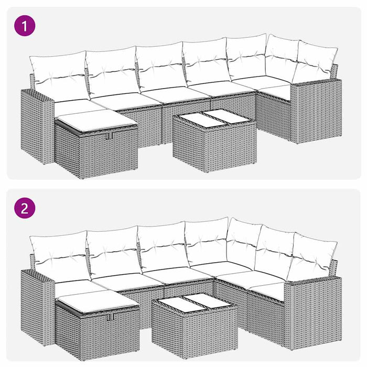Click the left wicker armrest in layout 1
37,126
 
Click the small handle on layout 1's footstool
109,136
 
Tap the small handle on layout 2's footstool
109,317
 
